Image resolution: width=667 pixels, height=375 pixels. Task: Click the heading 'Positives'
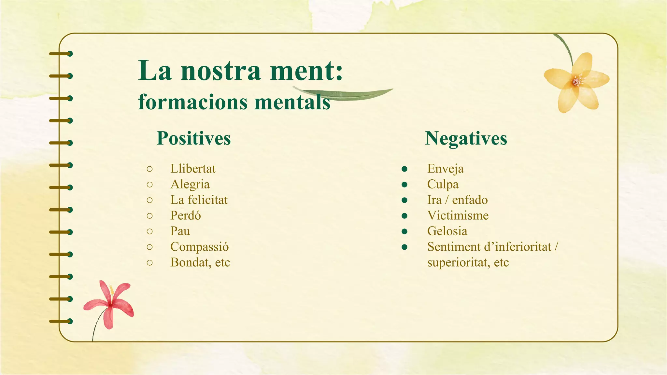tap(193, 138)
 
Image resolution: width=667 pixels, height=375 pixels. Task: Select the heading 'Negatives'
tap(466, 138)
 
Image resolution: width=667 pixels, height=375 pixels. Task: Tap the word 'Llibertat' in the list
tap(193, 169)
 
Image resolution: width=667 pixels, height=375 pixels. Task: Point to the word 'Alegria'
tap(190, 184)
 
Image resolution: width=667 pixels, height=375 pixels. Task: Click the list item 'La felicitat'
tap(199, 200)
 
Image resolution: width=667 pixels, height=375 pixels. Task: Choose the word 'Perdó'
tap(185, 215)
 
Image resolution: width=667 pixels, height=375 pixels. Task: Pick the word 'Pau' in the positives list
tap(180, 231)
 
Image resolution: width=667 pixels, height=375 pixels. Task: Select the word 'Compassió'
tap(199, 247)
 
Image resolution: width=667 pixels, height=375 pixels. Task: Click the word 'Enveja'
tap(445, 169)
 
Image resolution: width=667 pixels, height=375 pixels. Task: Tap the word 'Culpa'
tap(443, 184)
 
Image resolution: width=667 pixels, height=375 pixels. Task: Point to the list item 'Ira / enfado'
tap(457, 200)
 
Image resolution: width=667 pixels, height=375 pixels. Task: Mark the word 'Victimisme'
tap(458, 215)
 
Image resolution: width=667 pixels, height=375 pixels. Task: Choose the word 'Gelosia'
tap(447, 231)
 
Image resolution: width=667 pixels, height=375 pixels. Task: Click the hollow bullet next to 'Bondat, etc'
tap(149, 262)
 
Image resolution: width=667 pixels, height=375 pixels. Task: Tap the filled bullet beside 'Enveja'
tap(404, 169)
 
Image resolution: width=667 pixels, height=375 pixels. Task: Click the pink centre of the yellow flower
tap(576, 80)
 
